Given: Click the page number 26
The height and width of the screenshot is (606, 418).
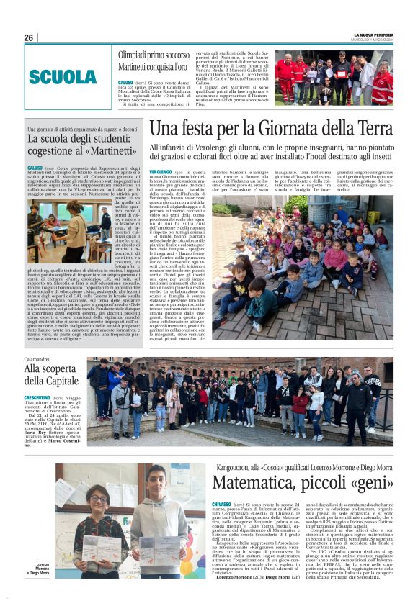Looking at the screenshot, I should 29,37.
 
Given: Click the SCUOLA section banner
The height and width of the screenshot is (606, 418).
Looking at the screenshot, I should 63,77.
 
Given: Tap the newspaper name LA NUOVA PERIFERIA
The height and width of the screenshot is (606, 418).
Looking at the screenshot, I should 373,35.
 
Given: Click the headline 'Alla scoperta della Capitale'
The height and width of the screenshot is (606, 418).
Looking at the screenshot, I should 50,374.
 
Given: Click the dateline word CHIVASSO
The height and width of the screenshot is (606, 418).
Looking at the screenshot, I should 222,504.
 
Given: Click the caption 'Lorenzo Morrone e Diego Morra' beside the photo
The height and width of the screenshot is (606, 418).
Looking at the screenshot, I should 43,569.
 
